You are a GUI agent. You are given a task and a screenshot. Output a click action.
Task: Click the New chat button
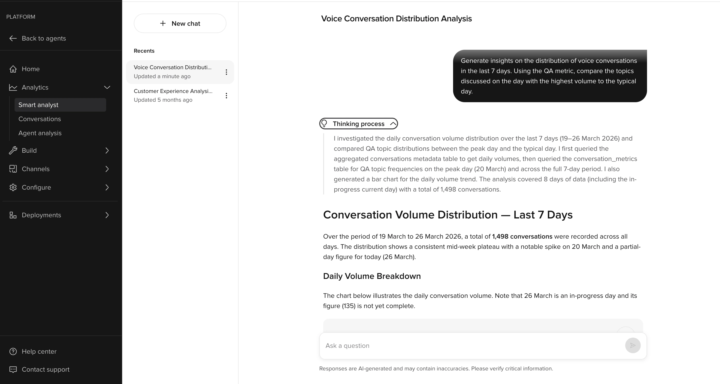(180, 24)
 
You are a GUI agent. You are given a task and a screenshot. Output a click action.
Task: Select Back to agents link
(44, 38)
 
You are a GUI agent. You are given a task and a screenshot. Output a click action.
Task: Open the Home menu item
(31, 69)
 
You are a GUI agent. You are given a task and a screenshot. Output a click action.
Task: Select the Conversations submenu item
(40, 119)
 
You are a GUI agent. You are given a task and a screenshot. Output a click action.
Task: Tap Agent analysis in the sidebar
(40, 133)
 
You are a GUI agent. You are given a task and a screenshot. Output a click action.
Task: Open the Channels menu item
(35, 169)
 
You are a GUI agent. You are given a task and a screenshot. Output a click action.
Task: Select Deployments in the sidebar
(41, 215)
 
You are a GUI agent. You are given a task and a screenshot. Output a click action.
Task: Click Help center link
(39, 351)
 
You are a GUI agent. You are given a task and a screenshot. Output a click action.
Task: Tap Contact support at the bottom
(45, 369)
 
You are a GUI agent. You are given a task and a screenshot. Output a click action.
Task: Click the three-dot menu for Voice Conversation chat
(226, 72)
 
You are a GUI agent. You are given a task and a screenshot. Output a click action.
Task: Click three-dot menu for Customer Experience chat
(226, 96)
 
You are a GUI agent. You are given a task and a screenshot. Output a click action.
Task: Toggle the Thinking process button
(359, 124)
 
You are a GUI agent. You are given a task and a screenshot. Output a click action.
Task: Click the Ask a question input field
(472, 346)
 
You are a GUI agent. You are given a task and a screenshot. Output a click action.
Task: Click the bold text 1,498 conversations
(522, 236)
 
